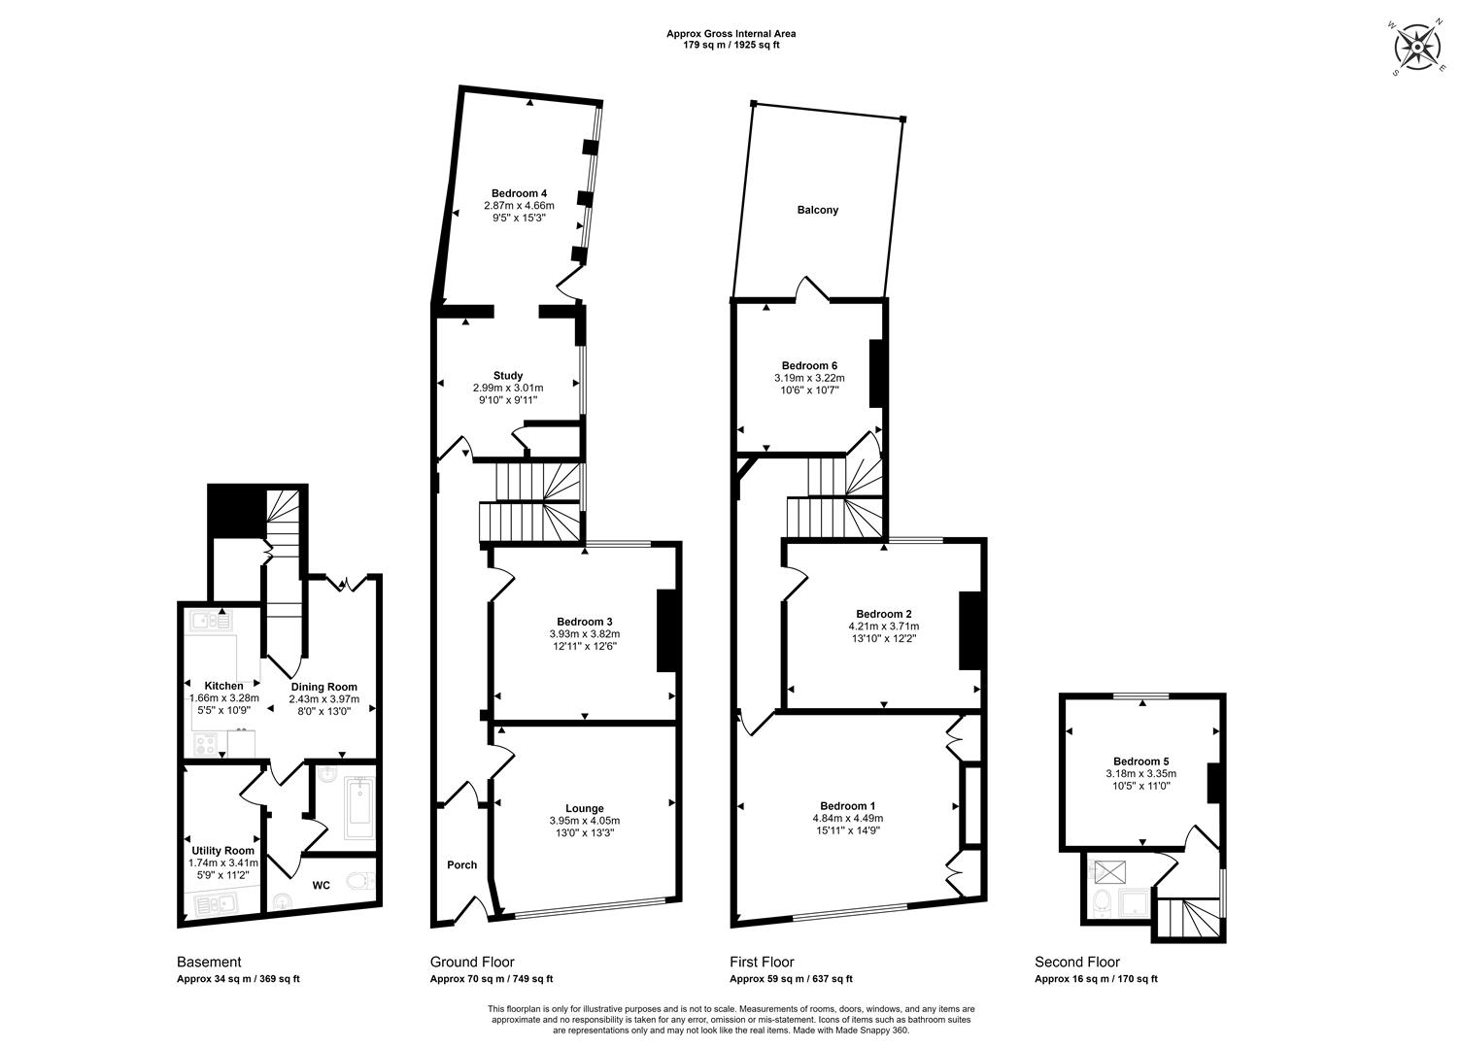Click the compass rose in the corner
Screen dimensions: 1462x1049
point(1417,47)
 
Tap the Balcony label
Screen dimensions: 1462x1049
point(817,210)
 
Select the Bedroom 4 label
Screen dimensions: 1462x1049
point(519,193)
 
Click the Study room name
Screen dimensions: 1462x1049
point(508,375)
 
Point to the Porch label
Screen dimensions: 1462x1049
point(462,864)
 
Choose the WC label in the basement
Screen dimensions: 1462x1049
point(322,885)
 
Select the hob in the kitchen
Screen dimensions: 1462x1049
point(206,744)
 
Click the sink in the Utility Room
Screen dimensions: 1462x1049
point(216,904)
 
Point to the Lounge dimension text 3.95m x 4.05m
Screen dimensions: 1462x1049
point(585,821)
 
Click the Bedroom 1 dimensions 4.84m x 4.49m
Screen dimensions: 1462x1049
point(848,818)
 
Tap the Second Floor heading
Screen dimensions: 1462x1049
point(1077,963)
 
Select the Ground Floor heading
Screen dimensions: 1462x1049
point(472,963)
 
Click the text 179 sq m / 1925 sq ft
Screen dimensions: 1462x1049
point(731,45)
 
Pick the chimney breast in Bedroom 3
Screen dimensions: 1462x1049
point(667,630)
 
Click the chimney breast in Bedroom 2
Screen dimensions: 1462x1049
point(969,630)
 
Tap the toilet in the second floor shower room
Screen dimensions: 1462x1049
point(1102,901)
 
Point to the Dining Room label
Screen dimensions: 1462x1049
point(323,687)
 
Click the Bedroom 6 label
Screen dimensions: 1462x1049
point(809,365)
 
